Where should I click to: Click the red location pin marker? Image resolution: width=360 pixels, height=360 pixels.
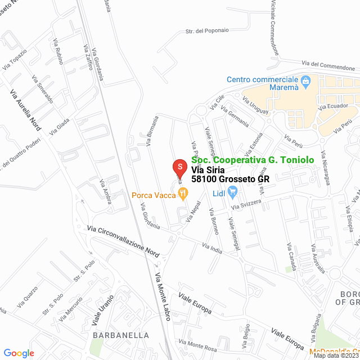tap(179, 168)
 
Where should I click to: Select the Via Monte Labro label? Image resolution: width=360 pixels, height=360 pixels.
tap(162, 297)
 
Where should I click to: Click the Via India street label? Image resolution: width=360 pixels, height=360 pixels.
tap(213, 247)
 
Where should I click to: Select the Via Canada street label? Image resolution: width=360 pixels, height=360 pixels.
tap(291, 256)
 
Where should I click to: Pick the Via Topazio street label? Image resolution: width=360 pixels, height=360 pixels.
tap(15, 60)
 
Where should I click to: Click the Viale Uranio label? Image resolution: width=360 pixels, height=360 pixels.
tap(103, 311)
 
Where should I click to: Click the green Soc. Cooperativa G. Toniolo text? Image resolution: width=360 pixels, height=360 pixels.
tap(253, 160)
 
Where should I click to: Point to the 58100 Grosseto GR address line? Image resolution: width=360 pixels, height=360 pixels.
tap(230, 179)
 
